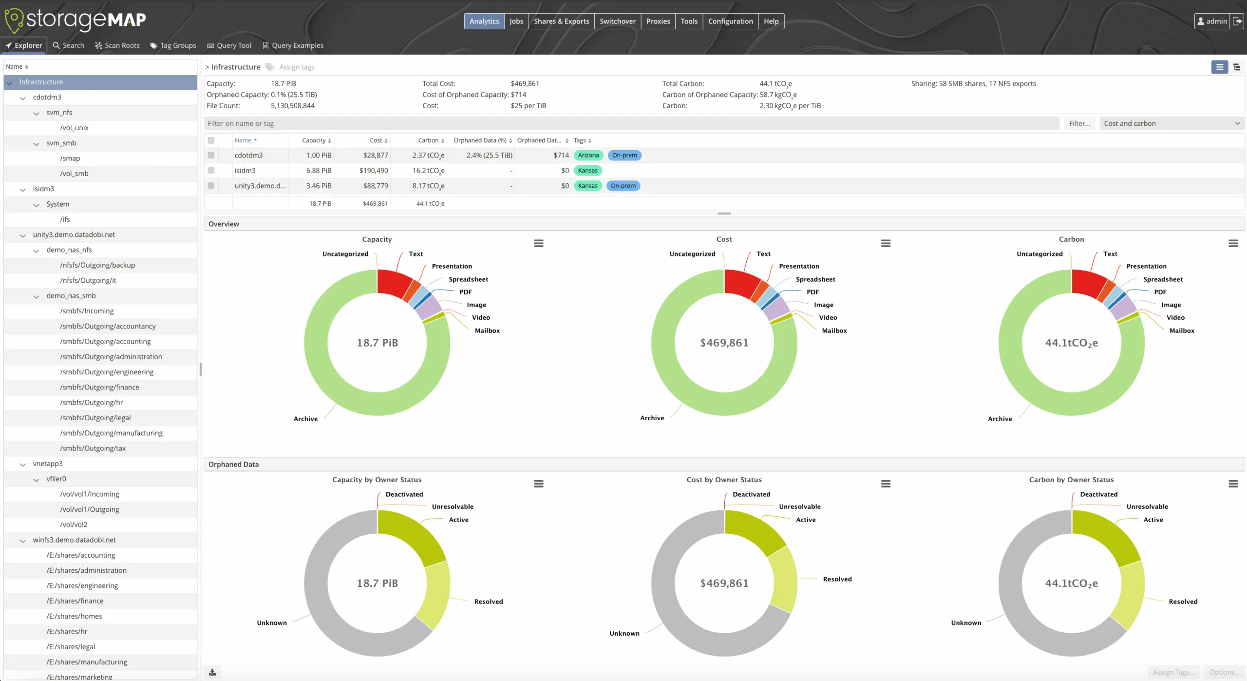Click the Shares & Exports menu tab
tap(561, 21)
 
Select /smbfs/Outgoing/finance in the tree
tap(99, 387)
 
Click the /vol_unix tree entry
tap(74, 128)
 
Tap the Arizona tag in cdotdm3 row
tap(588, 156)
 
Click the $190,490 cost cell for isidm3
tap(374, 171)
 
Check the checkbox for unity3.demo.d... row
tap(211, 186)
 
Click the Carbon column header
tap(428, 140)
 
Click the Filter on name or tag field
tap(631, 124)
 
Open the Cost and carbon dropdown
tap(1171, 124)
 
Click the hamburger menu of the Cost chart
tap(886, 243)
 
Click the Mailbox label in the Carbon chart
tap(1182, 331)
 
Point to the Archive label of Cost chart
tap(652, 418)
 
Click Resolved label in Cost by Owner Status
tap(837, 579)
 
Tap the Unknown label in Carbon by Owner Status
tap(966, 623)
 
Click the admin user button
tap(1212, 21)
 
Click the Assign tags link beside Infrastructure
tap(296, 67)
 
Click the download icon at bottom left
tap(212, 672)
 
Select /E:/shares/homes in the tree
tap(74, 616)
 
